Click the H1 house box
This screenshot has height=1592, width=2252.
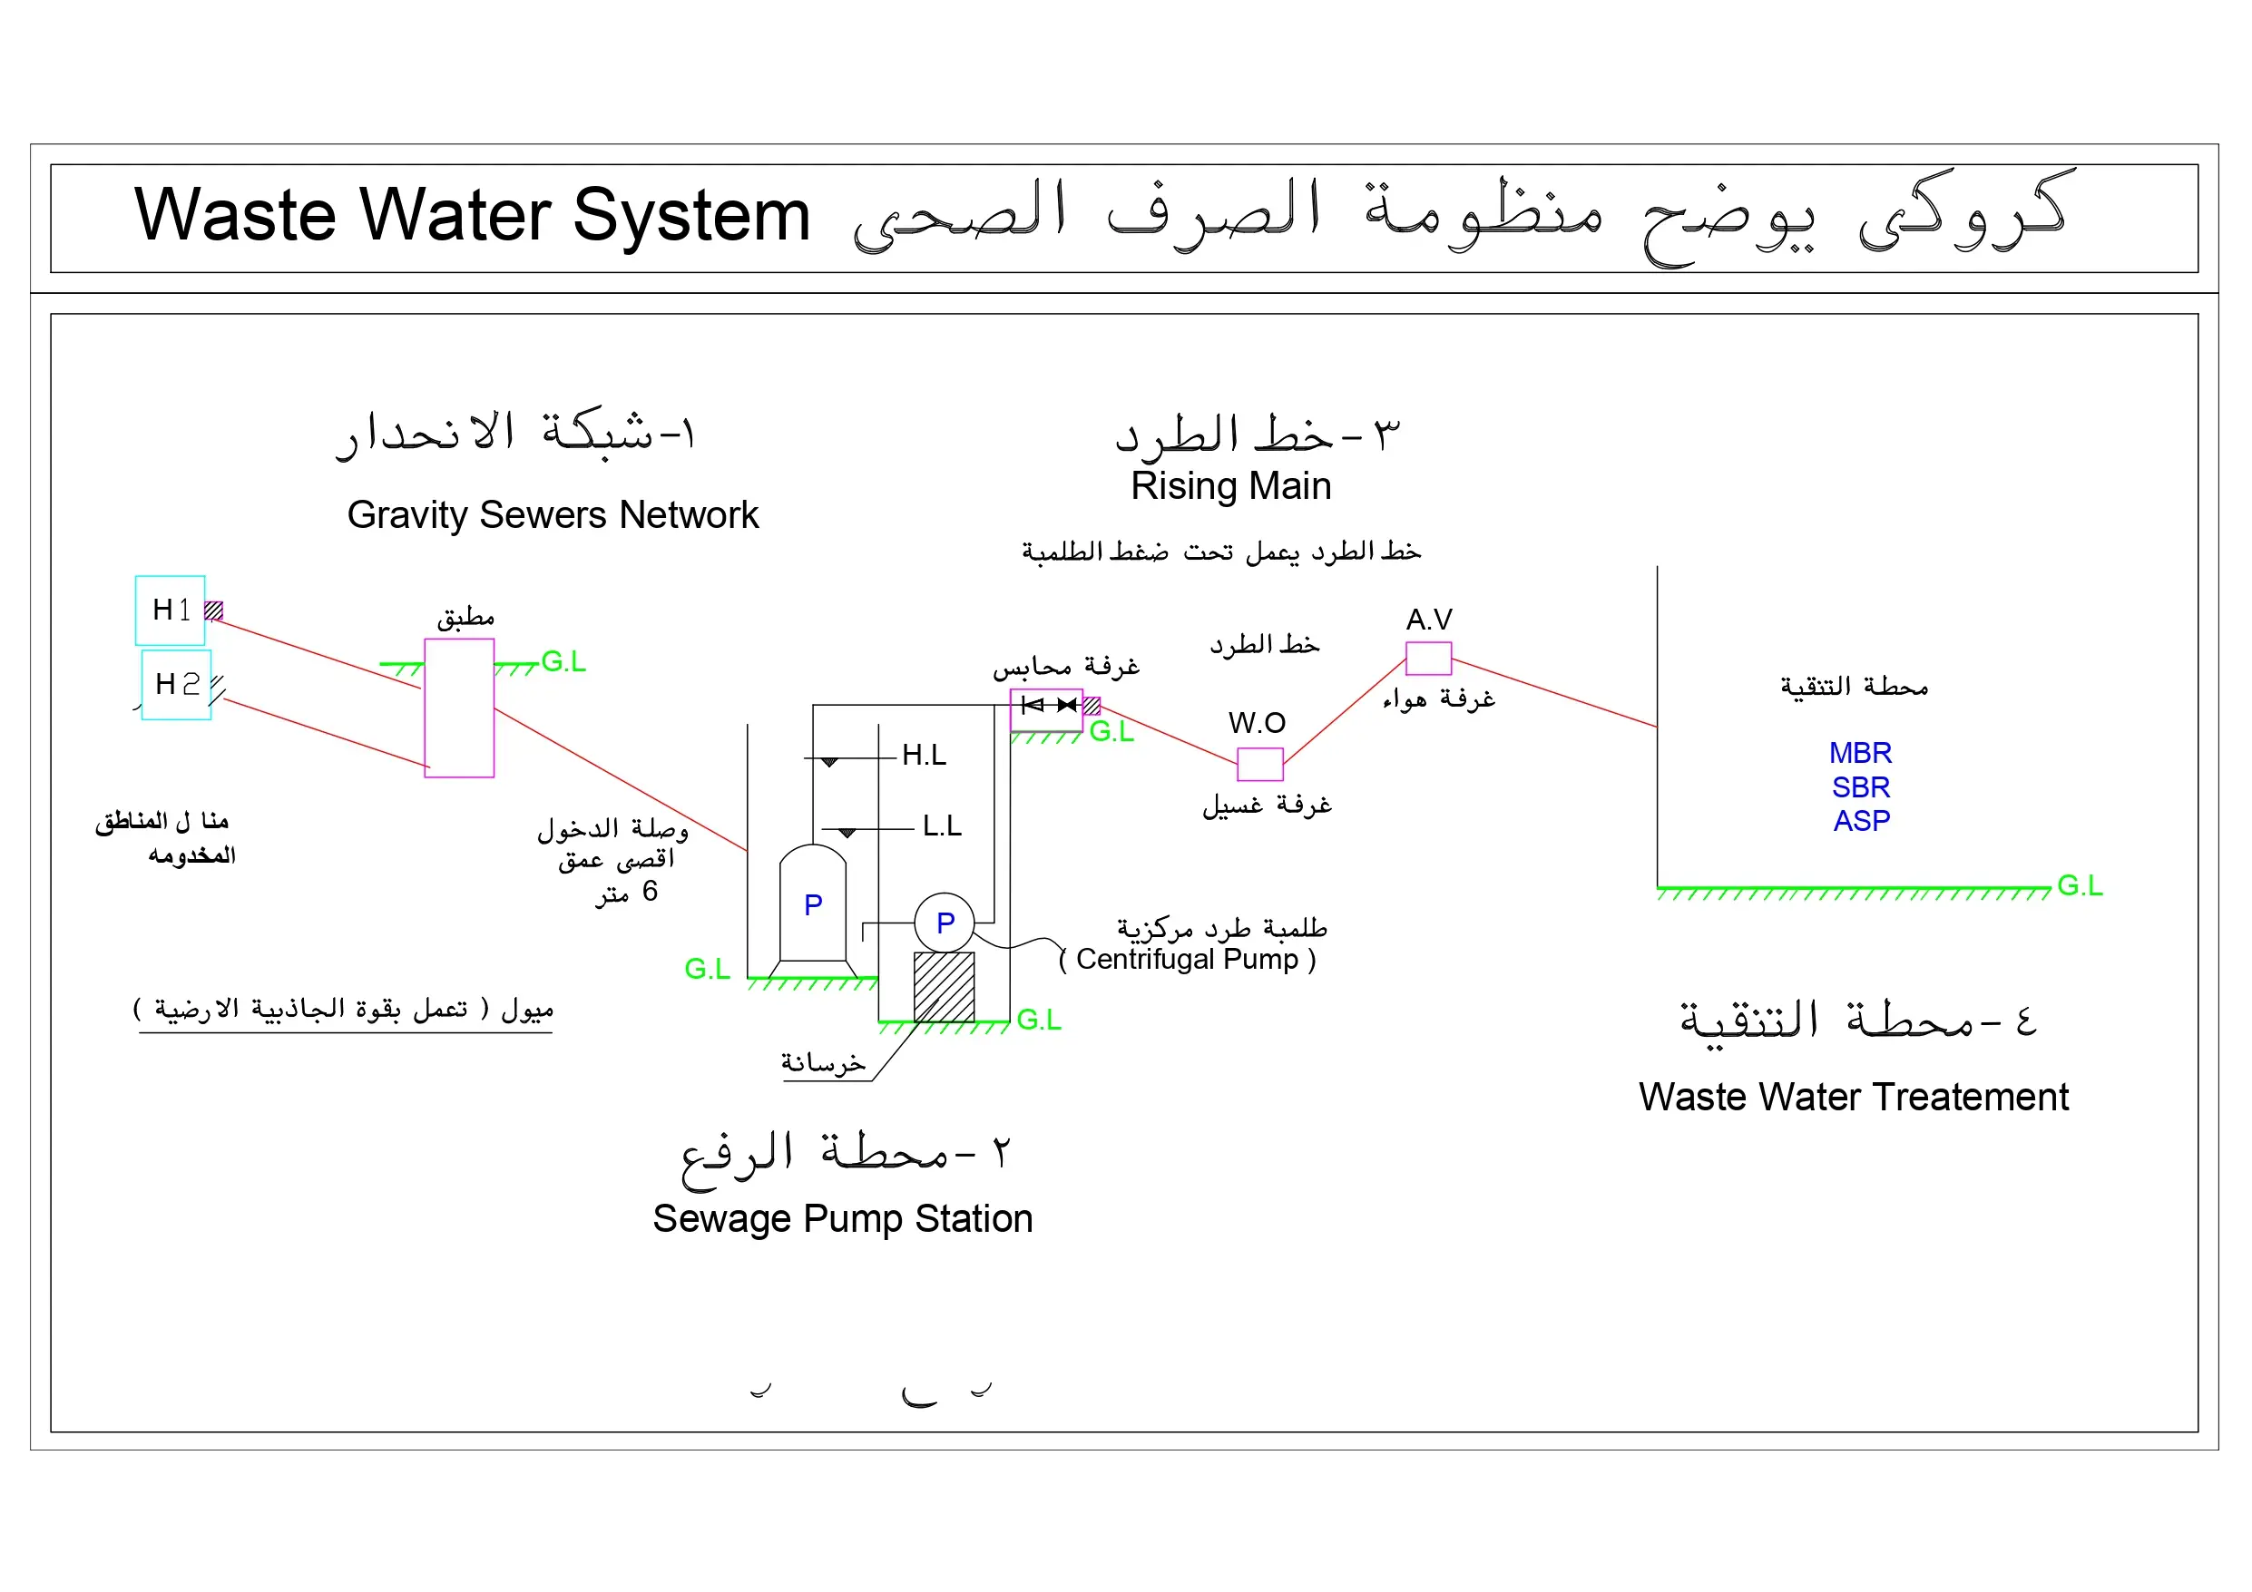tap(170, 610)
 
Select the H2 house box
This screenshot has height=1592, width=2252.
tap(177, 685)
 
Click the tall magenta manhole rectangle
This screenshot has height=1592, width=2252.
tap(459, 708)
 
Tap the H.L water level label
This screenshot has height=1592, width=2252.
tap(924, 756)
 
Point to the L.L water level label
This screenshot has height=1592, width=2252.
tap(943, 825)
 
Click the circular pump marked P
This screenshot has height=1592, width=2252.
tap(945, 922)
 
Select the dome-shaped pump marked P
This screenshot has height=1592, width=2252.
tap(813, 903)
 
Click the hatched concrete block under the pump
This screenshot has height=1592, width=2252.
tap(945, 987)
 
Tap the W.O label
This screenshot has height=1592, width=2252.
tap(1257, 723)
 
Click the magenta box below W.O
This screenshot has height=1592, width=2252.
tap(1260, 764)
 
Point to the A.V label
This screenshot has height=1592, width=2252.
tap(1429, 620)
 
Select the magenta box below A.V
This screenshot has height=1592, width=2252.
tap(1429, 659)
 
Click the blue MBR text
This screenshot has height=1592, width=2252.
tap(1861, 753)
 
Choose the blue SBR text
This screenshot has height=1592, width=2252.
tap(1861, 786)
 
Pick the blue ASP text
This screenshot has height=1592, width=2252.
tap(1862, 820)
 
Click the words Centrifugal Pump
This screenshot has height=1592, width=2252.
tap(1187, 960)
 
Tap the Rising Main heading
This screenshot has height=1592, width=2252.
tap(1231, 486)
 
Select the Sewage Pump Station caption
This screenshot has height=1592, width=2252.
tap(843, 1219)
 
